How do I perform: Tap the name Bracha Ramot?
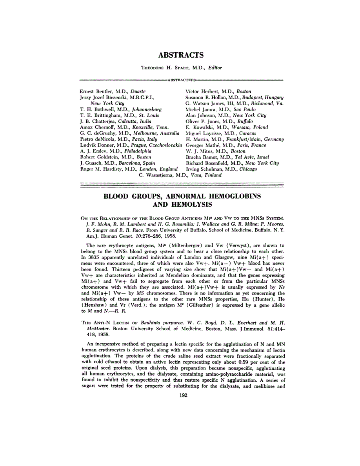click(199, 157)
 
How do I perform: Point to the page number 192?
click(180, 395)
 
